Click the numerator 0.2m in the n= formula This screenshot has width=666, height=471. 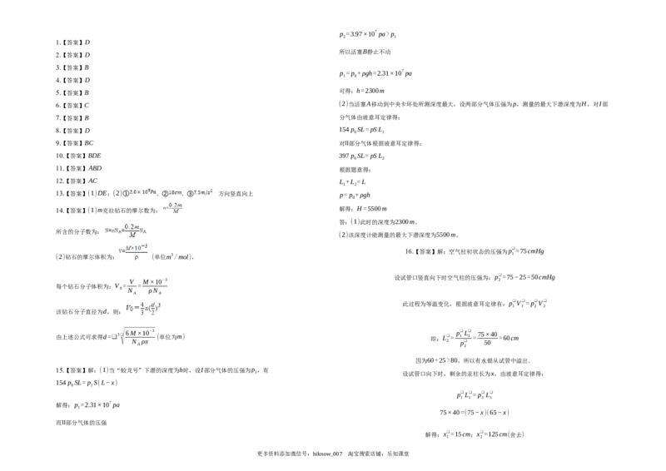(x=175, y=205)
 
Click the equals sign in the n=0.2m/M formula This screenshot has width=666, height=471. (x=167, y=208)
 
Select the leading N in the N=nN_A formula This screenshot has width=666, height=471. (x=106, y=230)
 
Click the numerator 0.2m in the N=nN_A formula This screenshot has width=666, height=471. (x=131, y=226)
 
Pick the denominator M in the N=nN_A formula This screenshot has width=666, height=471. (x=131, y=235)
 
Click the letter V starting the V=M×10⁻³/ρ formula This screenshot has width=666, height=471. (x=120, y=250)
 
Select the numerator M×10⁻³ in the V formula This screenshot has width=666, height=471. (x=136, y=246)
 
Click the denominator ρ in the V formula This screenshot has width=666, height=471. (x=136, y=257)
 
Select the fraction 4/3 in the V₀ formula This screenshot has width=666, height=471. (x=142, y=309)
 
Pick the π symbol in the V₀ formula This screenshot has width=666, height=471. (x=147, y=310)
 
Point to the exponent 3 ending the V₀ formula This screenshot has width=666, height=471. (x=161, y=305)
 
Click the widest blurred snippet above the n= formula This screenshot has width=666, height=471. (x=142, y=192)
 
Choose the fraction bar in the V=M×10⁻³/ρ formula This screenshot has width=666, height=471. (x=136, y=252)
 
